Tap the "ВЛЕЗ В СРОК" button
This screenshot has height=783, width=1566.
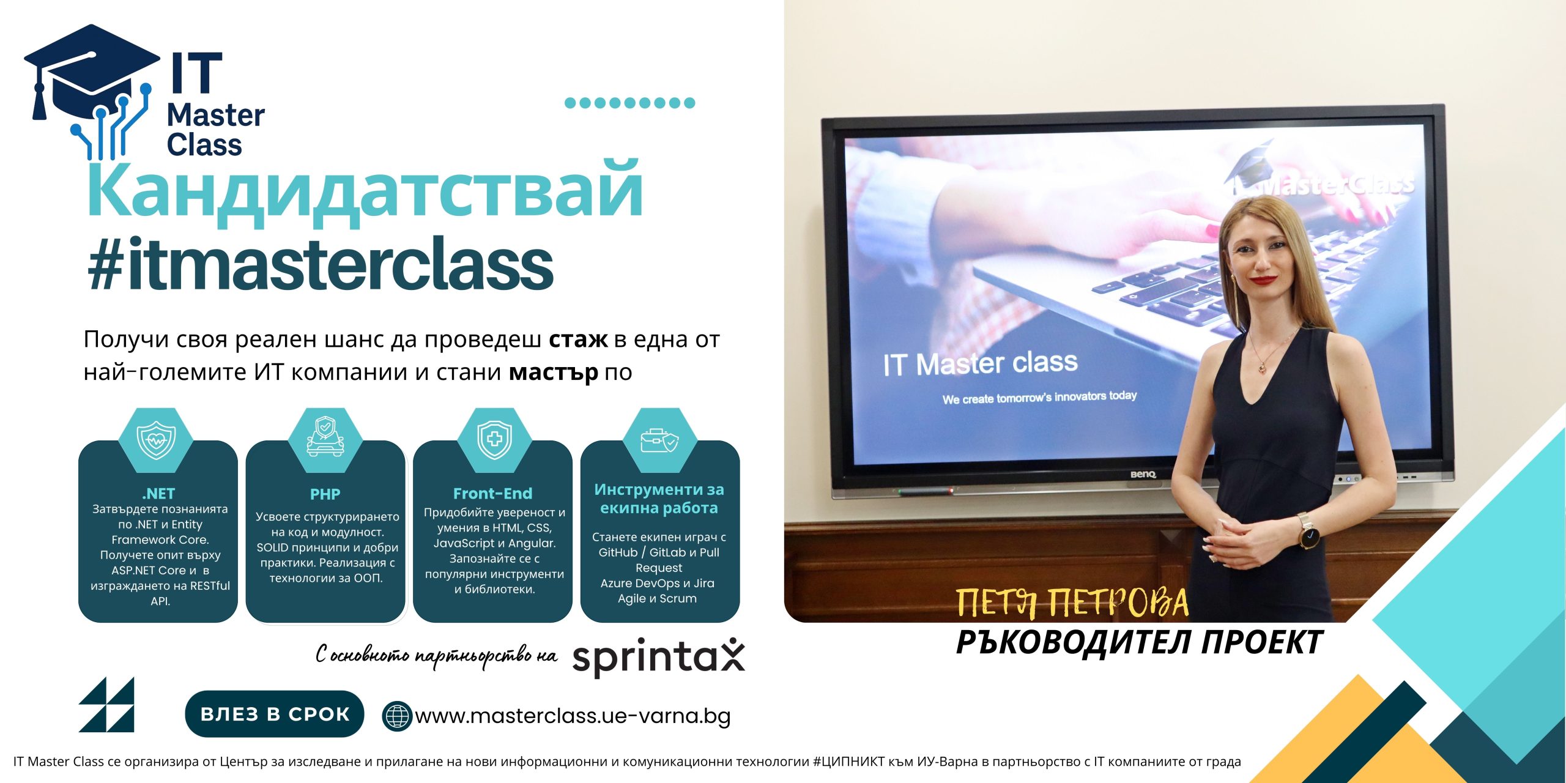(x=275, y=714)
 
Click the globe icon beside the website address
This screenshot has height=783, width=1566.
(x=396, y=716)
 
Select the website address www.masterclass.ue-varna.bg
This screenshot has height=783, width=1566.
(x=573, y=716)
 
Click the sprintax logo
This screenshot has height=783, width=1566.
(x=659, y=657)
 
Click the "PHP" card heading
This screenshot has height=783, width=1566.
(x=325, y=494)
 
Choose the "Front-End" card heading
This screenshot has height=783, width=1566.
(x=492, y=493)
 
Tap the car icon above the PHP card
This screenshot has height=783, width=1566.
(x=325, y=437)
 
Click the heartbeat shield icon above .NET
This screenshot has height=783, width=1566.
(x=156, y=439)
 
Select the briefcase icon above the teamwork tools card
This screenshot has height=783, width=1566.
(x=659, y=439)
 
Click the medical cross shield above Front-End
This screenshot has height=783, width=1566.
(x=494, y=439)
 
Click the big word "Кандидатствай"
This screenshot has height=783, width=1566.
(x=365, y=190)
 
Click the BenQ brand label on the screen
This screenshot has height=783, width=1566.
(x=1143, y=475)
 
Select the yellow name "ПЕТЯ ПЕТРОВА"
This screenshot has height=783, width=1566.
(x=1072, y=603)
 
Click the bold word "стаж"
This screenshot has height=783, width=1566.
(x=578, y=339)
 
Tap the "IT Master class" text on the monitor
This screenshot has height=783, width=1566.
(x=980, y=363)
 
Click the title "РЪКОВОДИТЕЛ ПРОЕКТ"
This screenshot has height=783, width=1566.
(x=1139, y=642)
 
